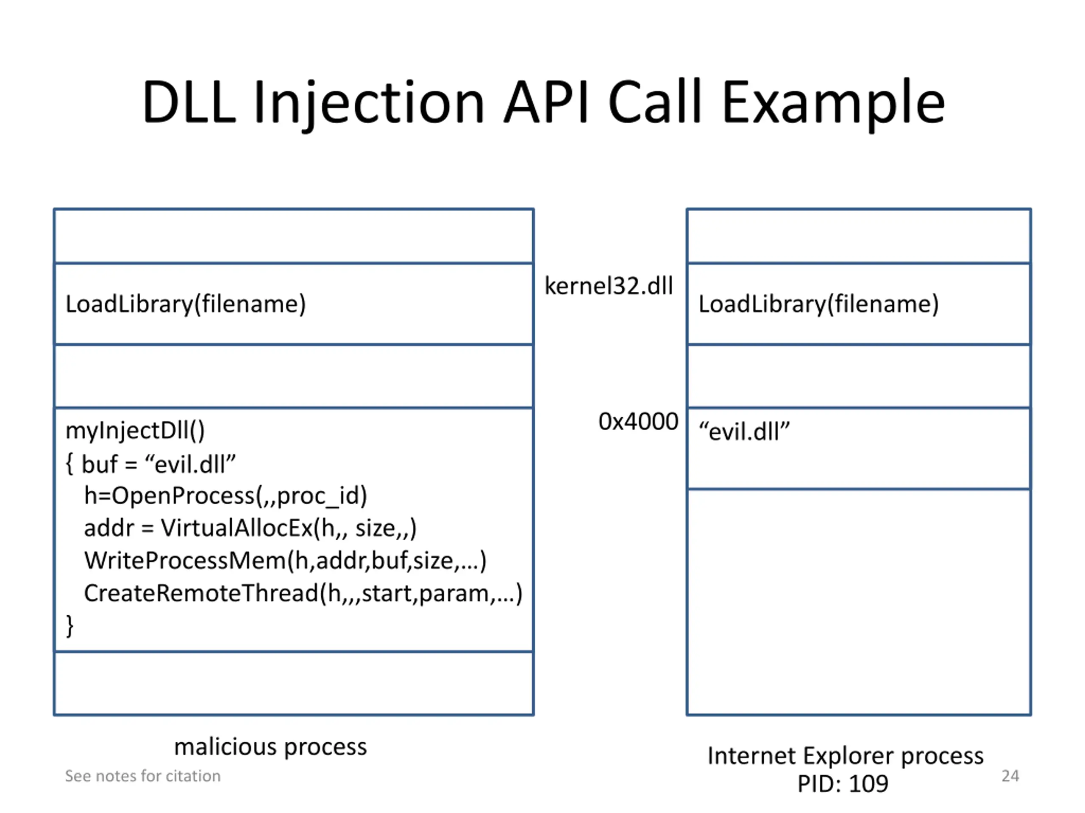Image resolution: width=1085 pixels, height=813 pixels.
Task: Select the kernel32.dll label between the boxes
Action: point(609,286)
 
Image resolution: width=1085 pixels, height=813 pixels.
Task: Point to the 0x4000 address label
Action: point(638,421)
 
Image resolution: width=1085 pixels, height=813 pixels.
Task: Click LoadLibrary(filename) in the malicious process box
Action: point(185,304)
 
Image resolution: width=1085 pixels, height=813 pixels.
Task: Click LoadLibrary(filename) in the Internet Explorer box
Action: point(818,304)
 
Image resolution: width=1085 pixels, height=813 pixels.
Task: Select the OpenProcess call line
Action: point(225,496)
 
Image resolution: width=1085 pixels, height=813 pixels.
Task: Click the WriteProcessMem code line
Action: point(285,561)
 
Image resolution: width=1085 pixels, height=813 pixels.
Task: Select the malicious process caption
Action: point(270,747)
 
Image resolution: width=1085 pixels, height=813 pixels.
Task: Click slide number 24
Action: point(1010,776)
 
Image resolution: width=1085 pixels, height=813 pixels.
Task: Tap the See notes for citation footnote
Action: point(143,776)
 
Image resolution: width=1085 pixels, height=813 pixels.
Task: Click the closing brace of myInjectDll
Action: point(70,626)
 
